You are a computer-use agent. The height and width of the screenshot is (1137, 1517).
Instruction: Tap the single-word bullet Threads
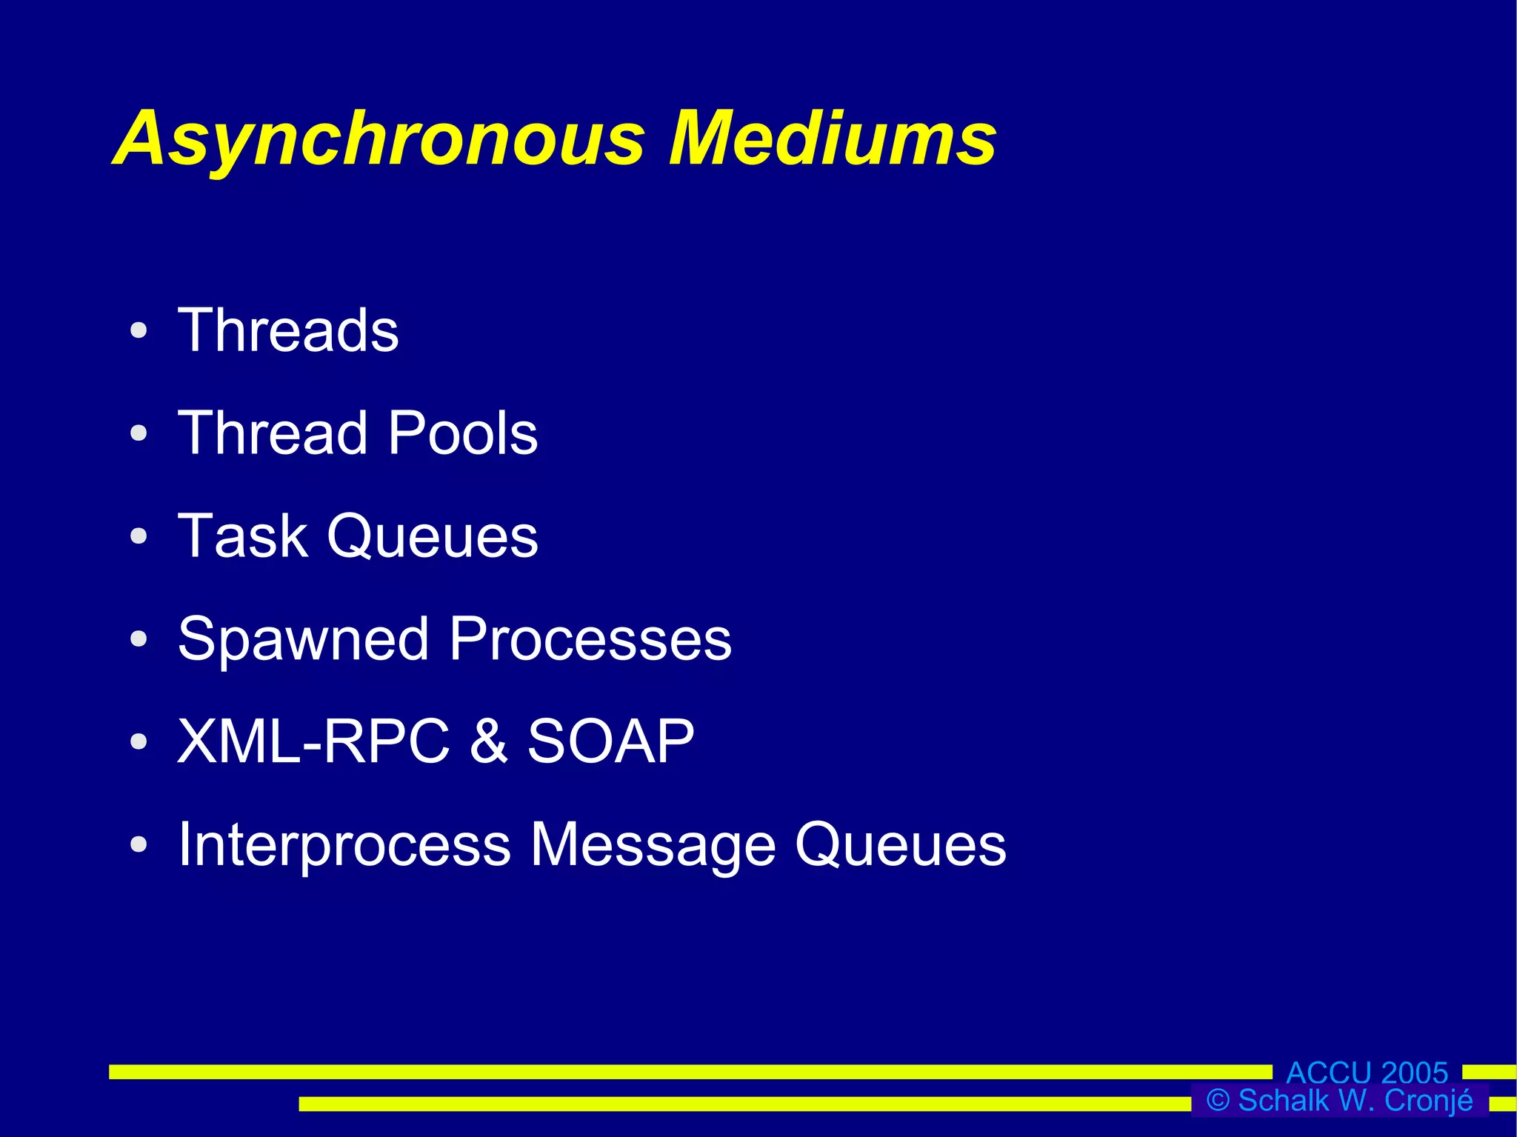(288, 330)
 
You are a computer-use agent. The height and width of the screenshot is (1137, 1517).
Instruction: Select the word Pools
(463, 433)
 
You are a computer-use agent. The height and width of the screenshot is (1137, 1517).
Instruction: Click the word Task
(242, 536)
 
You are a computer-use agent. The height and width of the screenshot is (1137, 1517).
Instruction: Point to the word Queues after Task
(433, 537)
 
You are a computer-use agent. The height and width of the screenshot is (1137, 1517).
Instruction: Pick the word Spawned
(303, 639)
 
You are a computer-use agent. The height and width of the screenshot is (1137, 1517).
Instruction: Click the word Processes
(590, 639)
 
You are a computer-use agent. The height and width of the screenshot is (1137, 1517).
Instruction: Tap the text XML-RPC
(313, 741)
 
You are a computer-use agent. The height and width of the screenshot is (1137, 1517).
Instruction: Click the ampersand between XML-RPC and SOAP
(488, 741)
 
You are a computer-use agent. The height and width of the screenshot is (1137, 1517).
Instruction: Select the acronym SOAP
(610, 741)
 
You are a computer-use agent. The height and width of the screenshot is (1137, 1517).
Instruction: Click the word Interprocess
(344, 844)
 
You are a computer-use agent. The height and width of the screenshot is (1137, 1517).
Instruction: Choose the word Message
(653, 846)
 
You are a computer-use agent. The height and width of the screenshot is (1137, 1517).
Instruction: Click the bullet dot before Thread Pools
(139, 433)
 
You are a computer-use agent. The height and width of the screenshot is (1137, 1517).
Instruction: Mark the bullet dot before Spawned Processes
(139, 638)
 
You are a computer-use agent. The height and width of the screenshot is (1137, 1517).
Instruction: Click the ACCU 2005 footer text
(1367, 1073)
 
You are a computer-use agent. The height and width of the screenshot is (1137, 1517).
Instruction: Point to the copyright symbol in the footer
(1218, 1101)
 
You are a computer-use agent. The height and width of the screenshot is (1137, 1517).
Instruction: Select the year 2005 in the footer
(1413, 1073)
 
